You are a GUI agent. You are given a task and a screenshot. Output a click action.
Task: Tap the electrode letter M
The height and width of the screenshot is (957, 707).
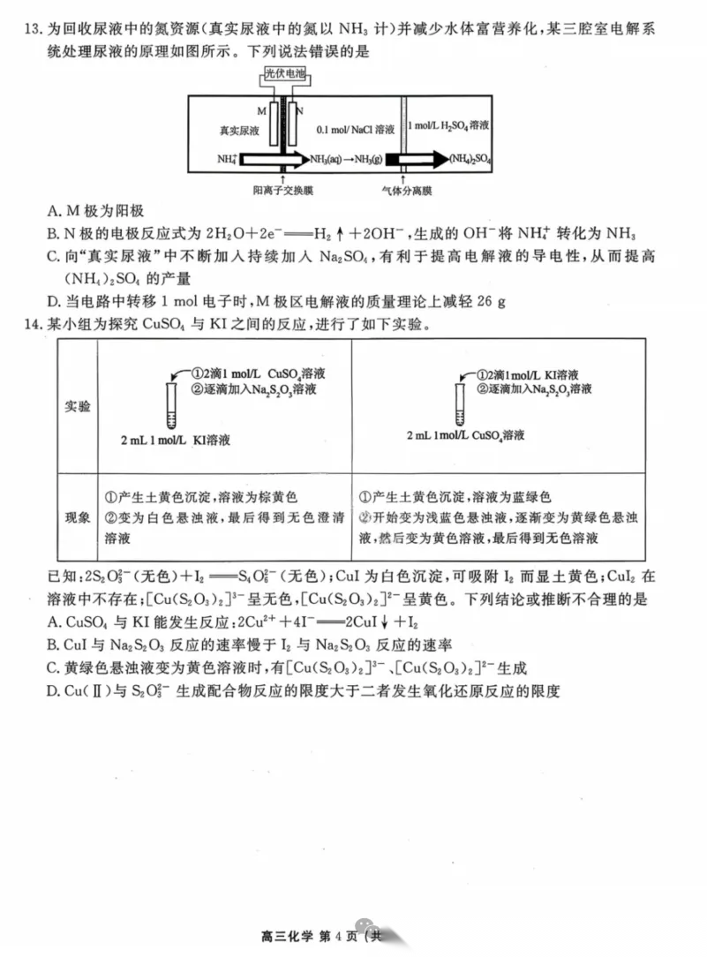[261, 111]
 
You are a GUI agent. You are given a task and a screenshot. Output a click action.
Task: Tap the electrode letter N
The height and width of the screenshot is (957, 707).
[300, 111]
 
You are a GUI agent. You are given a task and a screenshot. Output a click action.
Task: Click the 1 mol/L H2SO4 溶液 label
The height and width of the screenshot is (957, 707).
[448, 128]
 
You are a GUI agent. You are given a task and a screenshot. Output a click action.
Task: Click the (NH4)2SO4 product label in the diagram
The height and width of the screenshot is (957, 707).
[470, 160]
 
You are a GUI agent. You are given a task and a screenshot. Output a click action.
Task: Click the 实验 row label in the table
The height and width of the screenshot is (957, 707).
[78, 407]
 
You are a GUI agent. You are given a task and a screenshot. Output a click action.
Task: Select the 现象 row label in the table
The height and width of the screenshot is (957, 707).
[78, 517]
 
